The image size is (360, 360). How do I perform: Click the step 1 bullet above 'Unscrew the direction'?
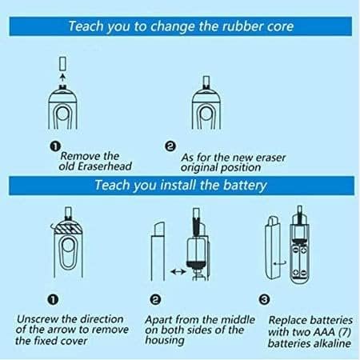(53, 300)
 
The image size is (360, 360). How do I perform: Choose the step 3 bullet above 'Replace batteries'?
(264, 300)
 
